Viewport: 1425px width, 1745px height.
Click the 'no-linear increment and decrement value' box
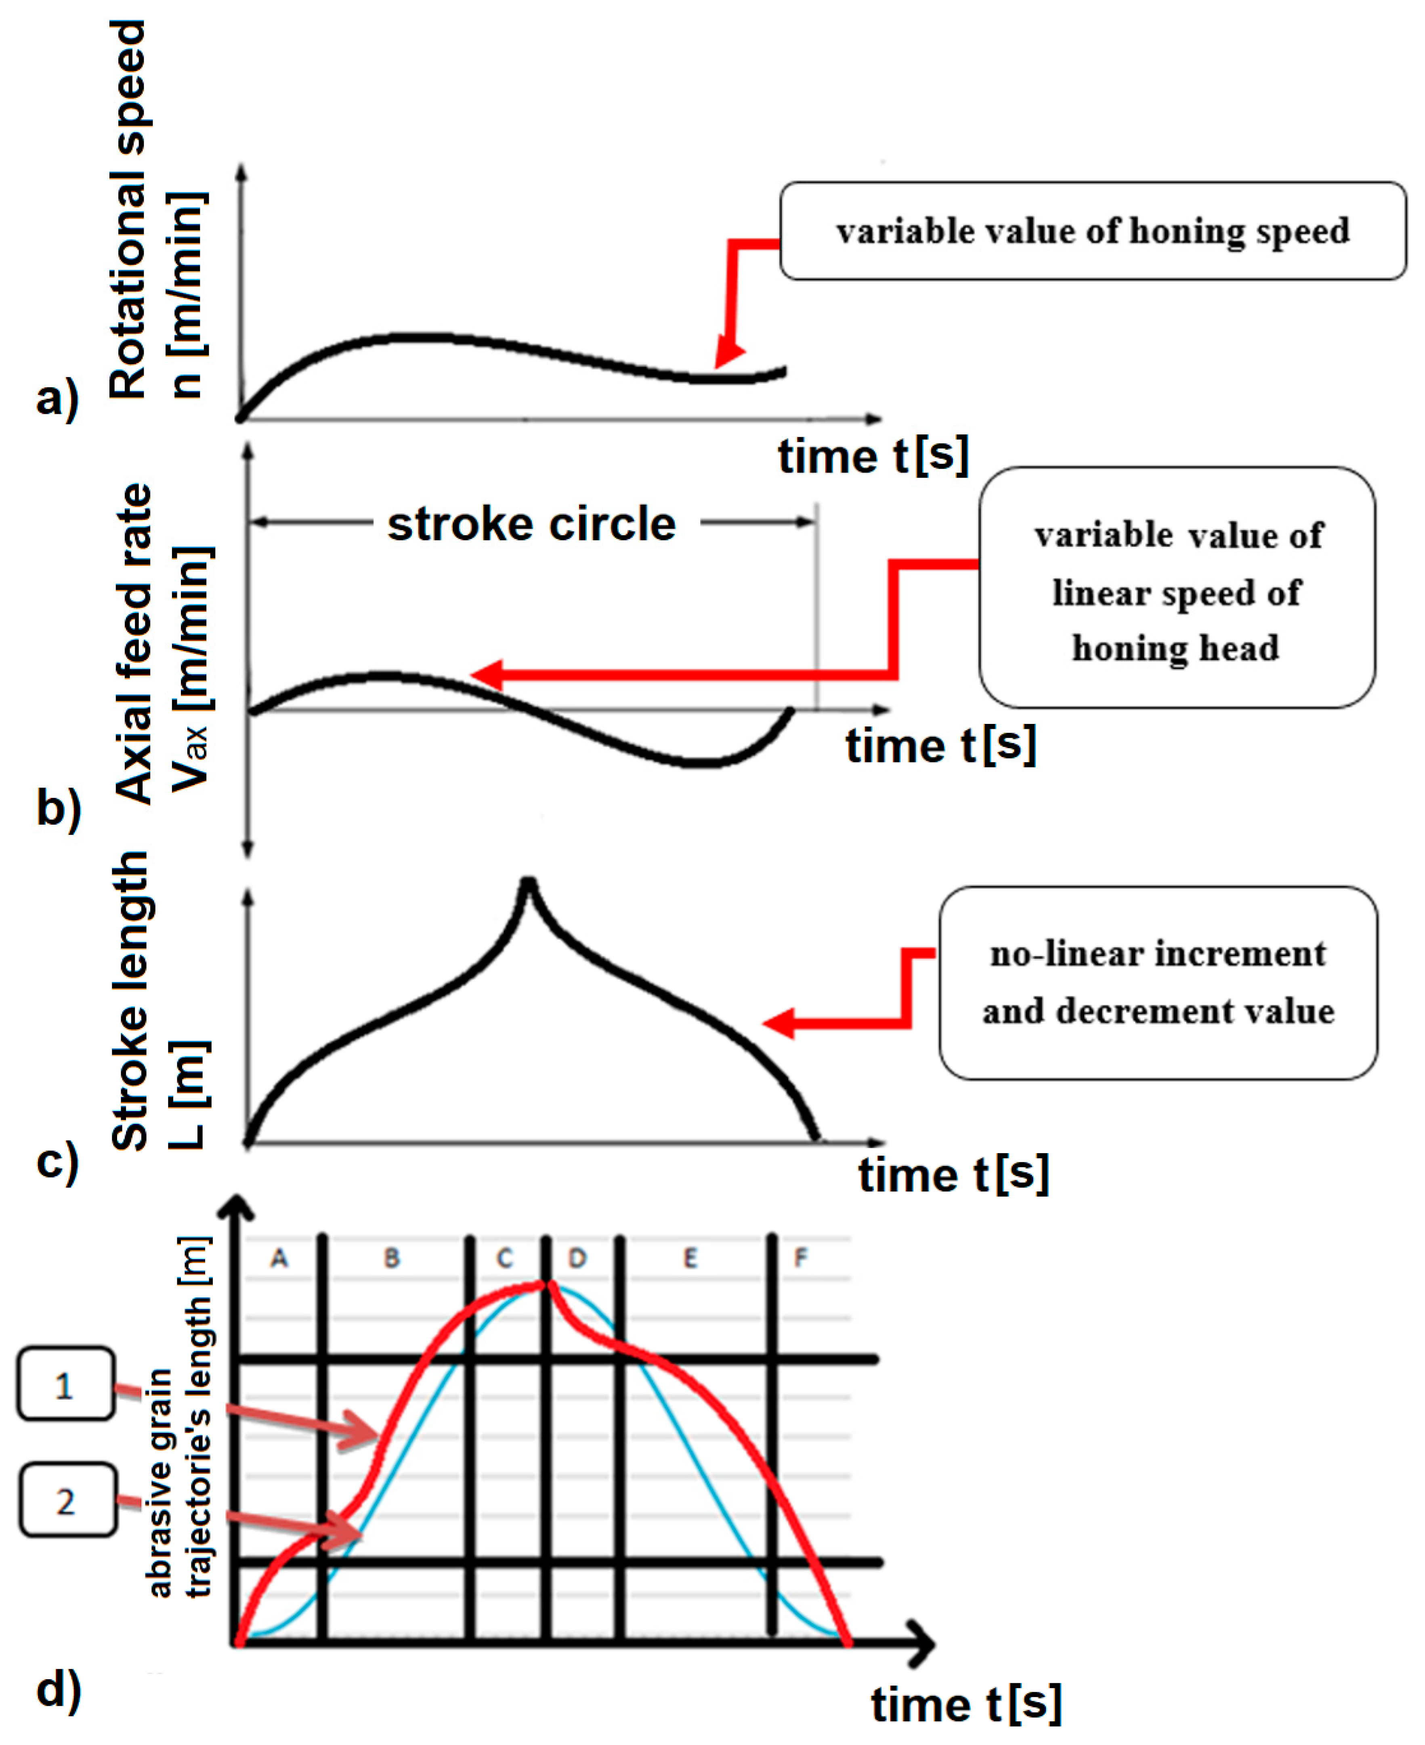(x=1157, y=982)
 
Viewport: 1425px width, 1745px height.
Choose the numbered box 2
(x=67, y=1501)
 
